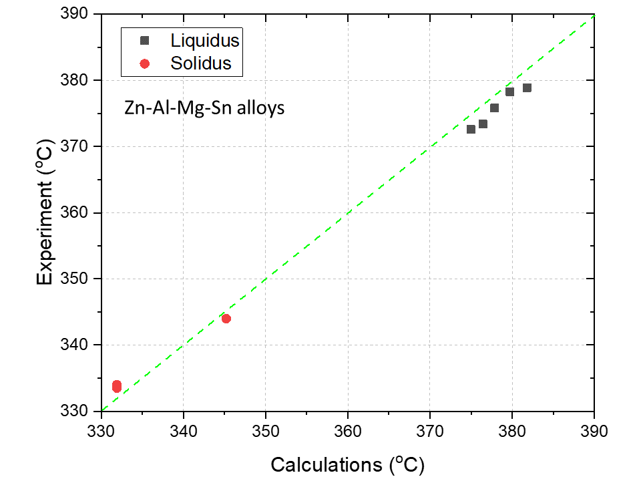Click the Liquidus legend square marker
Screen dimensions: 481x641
(144, 41)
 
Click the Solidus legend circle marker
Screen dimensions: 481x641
(144, 63)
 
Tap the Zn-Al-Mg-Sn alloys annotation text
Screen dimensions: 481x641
(204, 108)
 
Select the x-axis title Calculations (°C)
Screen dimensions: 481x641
(347, 464)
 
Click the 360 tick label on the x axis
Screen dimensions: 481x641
(348, 428)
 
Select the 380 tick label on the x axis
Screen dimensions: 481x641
(512, 428)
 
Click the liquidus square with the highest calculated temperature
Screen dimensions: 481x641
(527, 88)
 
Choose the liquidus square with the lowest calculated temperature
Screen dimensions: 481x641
(471, 129)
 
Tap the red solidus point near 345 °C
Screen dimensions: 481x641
(226, 319)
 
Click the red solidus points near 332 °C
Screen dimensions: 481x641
(117, 386)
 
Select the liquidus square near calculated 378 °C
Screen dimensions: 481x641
(494, 108)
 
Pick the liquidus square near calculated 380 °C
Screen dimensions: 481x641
(509, 92)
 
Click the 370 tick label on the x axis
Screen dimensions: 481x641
(430, 428)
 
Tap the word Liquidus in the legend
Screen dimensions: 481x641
(204, 41)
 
